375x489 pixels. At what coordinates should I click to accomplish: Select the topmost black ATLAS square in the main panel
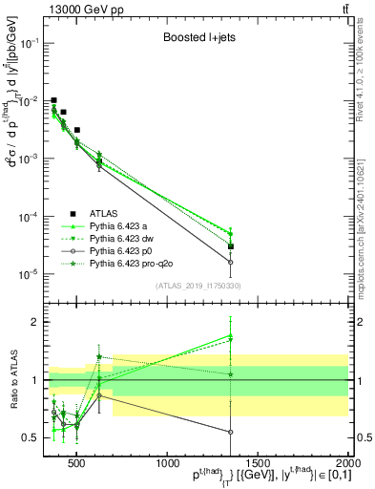(x=54, y=100)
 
